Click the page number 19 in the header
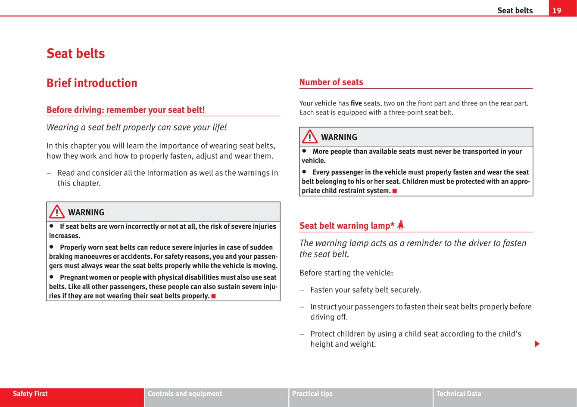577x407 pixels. pos(557,10)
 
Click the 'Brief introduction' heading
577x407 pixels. pos(92,83)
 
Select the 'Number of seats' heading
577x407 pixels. pos(331,82)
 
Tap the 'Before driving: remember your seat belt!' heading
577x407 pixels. pos(125,109)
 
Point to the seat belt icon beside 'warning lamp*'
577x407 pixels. pos(401,225)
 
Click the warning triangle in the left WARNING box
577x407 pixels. pos(57,212)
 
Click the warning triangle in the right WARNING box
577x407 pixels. pos(309,137)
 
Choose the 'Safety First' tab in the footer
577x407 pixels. pos(30,394)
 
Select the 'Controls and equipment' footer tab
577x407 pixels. pos(185,394)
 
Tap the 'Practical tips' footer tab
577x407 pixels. pos(312,394)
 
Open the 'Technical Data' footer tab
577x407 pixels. pos(458,394)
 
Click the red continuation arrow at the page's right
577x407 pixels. pos(537,344)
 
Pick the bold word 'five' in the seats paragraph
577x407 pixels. pos(356,103)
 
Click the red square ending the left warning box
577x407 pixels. pos(213,296)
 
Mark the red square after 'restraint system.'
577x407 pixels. pos(394,191)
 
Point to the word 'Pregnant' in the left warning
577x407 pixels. pos(74,277)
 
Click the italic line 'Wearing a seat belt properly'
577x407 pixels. pos(136,127)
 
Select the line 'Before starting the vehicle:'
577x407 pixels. pos(346,273)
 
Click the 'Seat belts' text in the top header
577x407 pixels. pos(515,10)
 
